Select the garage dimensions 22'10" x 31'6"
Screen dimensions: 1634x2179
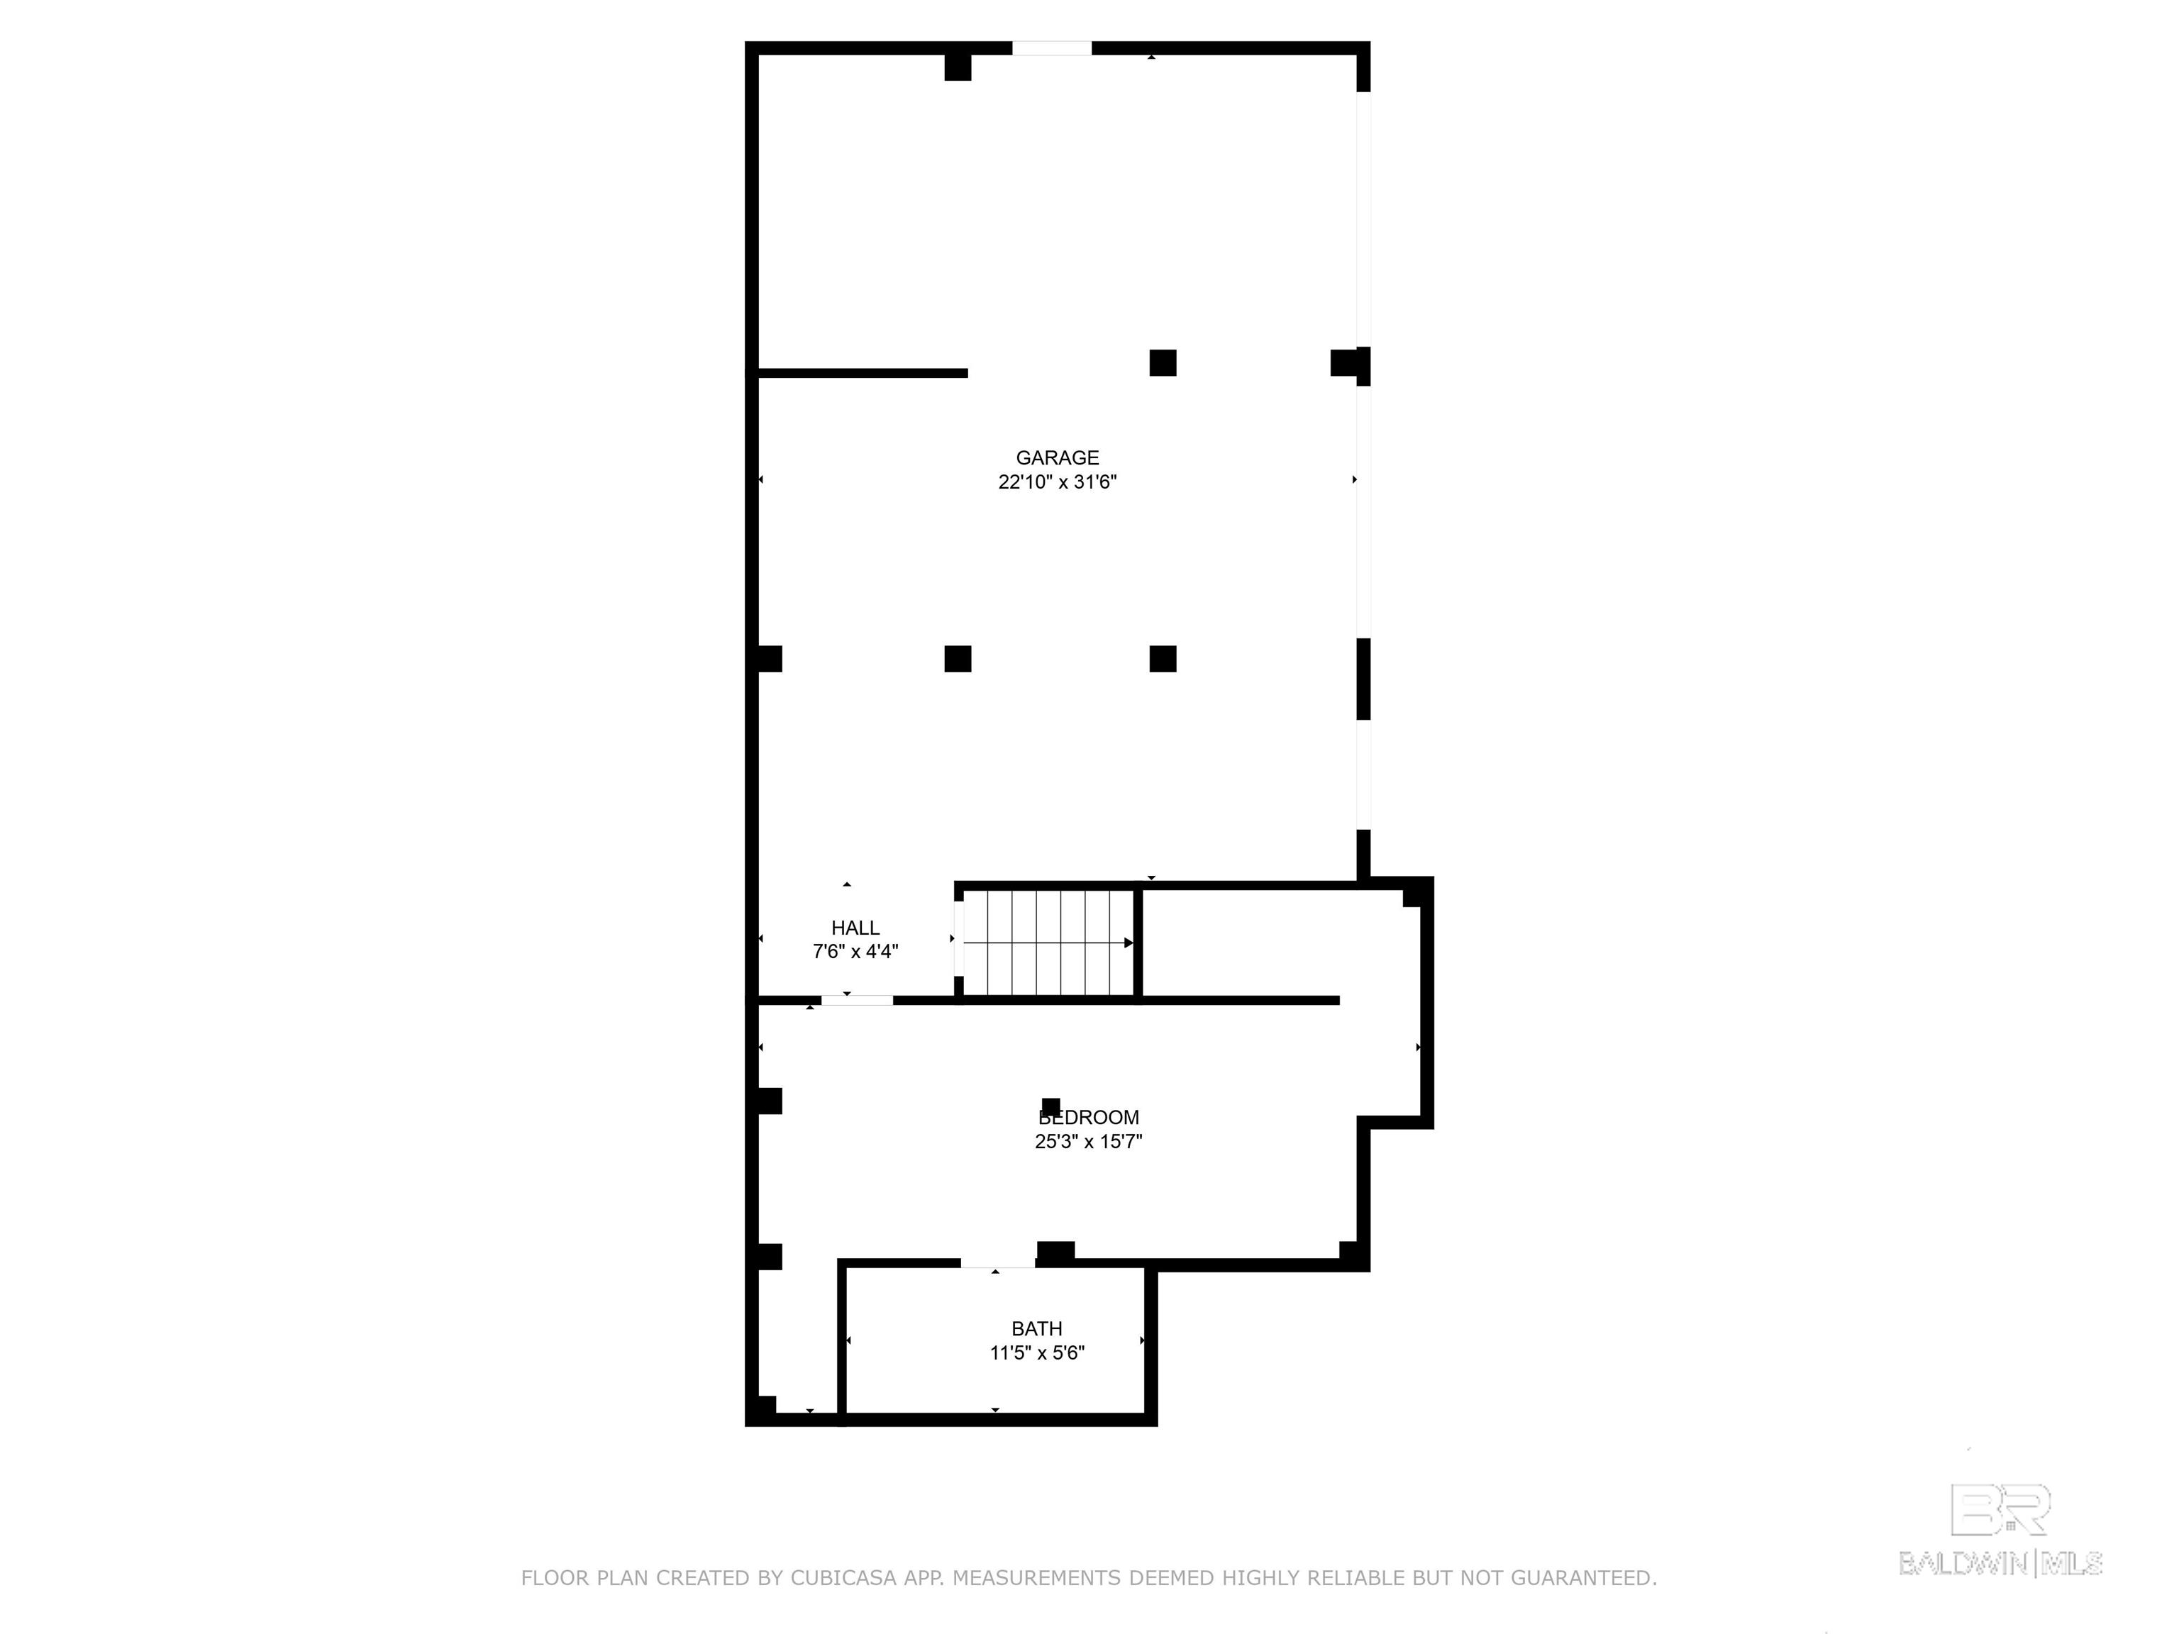pos(1057,482)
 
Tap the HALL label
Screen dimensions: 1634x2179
pos(855,927)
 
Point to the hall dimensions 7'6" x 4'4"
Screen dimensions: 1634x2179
pos(855,952)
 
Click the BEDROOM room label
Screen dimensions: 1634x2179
pos(1089,1117)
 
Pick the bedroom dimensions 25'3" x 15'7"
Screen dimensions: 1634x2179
pos(1089,1142)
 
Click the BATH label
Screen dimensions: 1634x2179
pos(1036,1328)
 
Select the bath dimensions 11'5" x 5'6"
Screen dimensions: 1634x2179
pos(1036,1352)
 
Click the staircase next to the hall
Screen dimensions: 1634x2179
pos(1048,943)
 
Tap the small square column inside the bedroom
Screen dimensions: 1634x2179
pos(1051,1106)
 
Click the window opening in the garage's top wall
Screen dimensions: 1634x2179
pos(1051,48)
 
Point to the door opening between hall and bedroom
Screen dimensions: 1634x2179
pos(857,1000)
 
